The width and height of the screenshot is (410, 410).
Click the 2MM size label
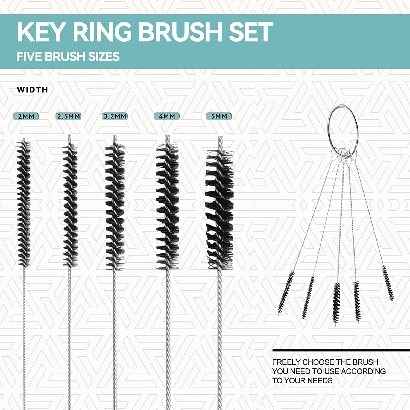26,116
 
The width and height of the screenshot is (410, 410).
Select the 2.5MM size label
69,116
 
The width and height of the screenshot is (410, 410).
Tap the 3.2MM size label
115,116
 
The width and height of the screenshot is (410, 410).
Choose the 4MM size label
167,116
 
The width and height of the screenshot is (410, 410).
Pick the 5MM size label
219,116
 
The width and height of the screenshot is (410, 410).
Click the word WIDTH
32,90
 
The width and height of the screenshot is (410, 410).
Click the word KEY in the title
41,32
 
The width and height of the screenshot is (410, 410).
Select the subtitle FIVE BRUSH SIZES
68,57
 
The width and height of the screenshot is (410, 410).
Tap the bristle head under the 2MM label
24,202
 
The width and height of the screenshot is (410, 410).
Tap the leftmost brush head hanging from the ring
286,292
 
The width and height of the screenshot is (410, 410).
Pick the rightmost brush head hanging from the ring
388,283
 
